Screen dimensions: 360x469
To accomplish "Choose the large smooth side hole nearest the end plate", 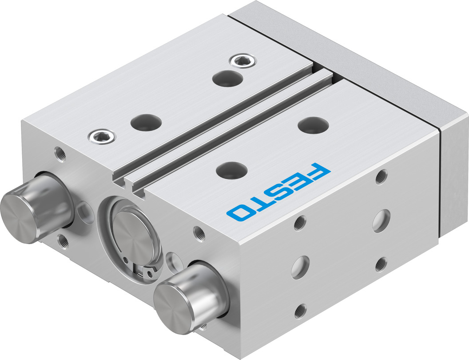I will coord(381,220).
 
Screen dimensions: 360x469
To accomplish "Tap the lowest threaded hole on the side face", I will coord(300,311).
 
